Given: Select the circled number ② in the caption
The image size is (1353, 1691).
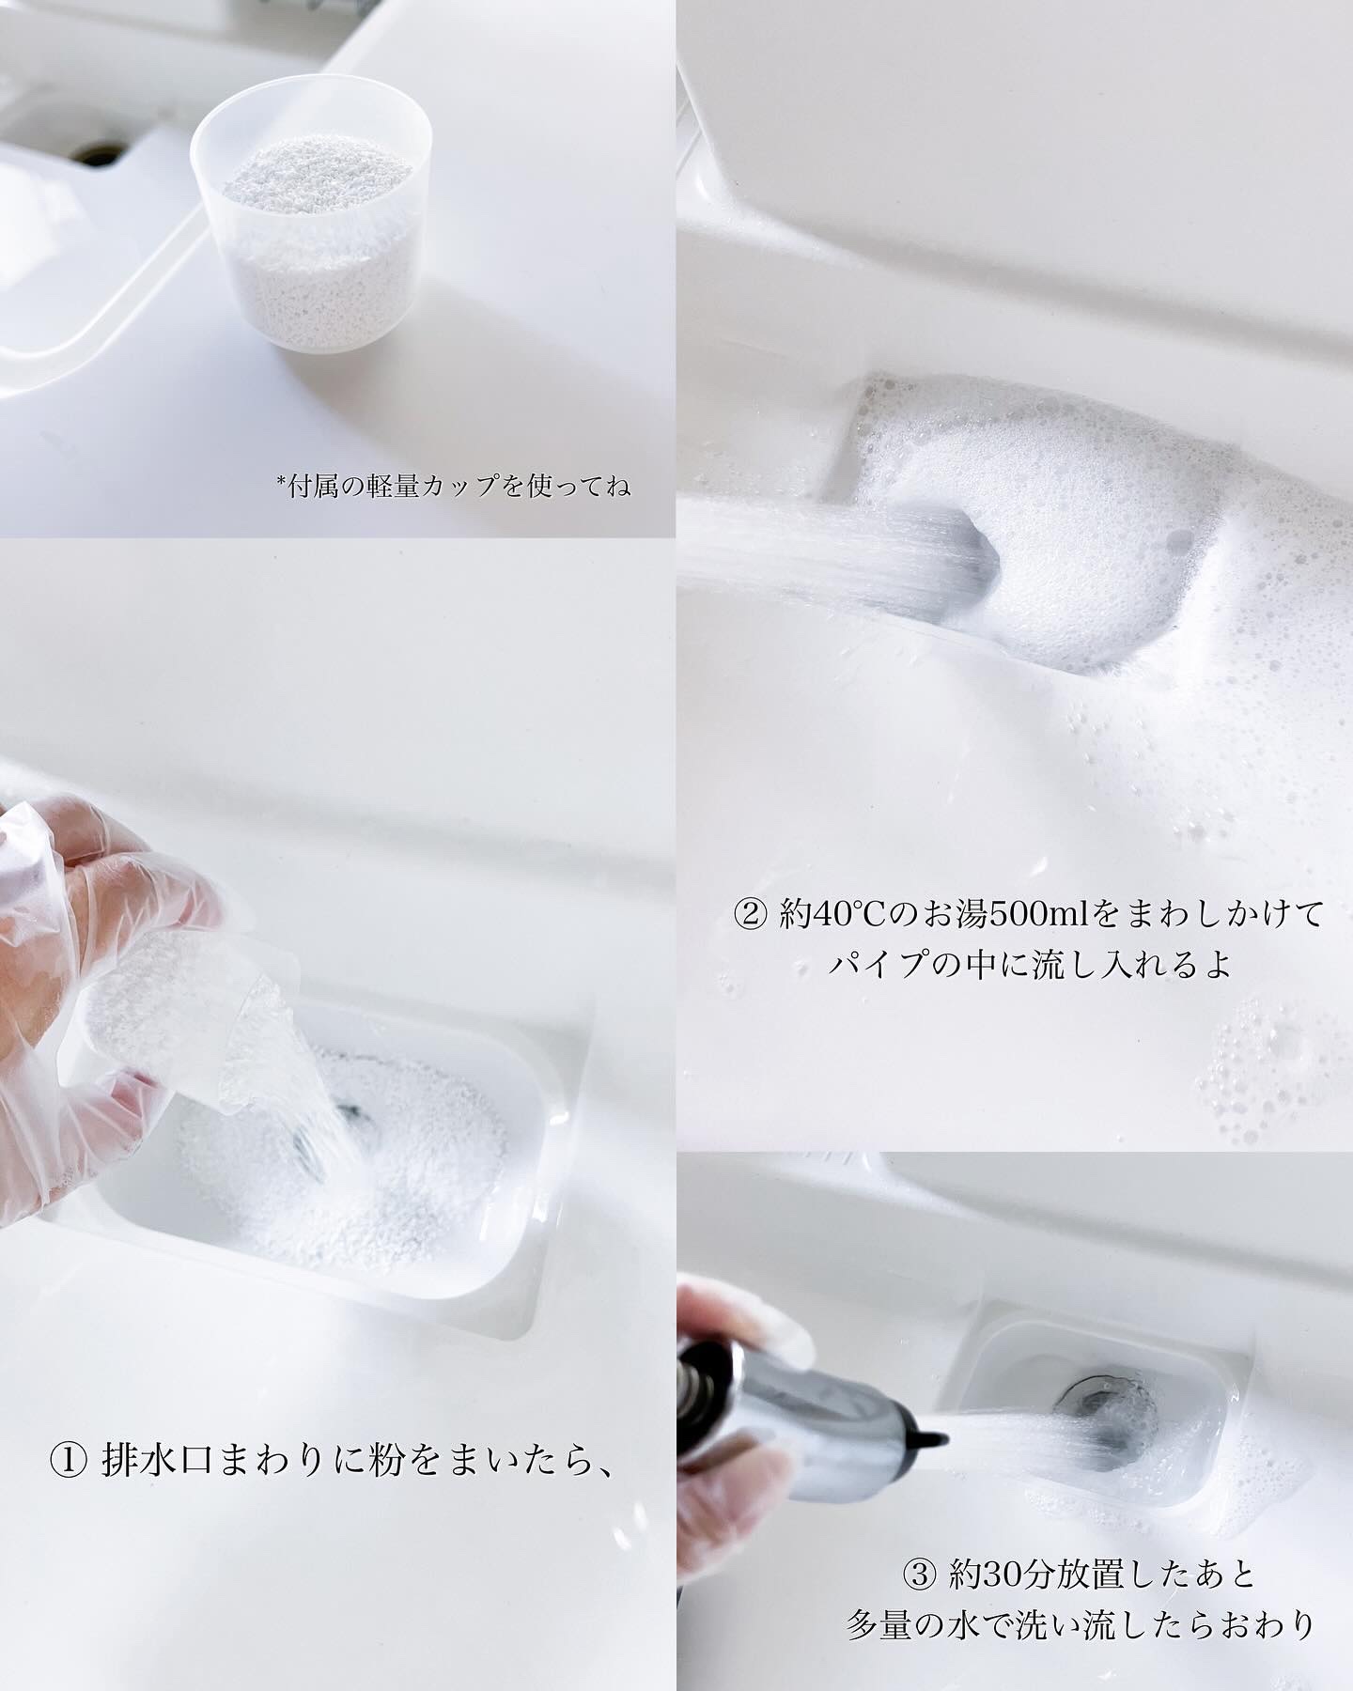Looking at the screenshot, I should pos(752,914).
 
